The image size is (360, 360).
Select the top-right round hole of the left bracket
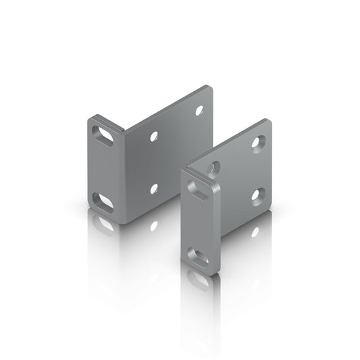[x=199, y=109]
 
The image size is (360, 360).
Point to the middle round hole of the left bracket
[x=155, y=136]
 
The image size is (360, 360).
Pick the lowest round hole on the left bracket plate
[x=155, y=188]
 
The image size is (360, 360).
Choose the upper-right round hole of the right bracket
[x=258, y=142]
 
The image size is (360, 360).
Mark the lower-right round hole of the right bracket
[x=257, y=196]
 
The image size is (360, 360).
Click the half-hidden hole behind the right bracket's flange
[x=213, y=167]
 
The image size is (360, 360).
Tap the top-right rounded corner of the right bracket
[x=268, y=123]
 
